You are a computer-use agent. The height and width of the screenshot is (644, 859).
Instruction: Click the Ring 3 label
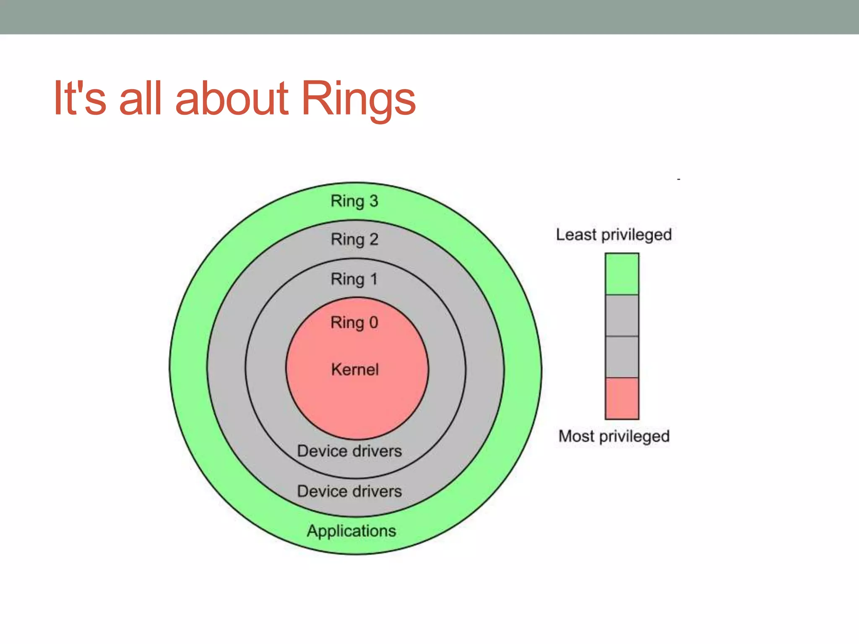354,201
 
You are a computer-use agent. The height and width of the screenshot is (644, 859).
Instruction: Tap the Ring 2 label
354,240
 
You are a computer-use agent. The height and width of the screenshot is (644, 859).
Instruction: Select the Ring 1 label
354,279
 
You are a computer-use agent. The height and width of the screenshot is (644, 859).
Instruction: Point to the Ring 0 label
354,323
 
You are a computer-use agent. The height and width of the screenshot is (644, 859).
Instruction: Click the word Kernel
355,369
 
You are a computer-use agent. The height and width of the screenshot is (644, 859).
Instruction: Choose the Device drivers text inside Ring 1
349,451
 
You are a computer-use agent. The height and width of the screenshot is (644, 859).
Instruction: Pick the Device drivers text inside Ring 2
349,491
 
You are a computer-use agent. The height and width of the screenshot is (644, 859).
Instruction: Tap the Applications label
351,531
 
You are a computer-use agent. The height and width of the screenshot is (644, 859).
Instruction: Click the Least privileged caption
614,235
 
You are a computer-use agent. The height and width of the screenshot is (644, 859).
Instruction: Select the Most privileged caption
614,436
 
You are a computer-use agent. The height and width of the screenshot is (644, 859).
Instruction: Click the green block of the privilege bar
622,274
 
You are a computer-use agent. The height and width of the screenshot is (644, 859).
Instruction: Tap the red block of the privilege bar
622,398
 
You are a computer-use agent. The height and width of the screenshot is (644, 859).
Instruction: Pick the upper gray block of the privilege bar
622,315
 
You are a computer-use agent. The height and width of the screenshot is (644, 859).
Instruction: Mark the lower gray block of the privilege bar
622,357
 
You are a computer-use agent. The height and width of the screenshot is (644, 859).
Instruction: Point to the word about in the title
232,99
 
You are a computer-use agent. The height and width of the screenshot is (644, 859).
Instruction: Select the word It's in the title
80,99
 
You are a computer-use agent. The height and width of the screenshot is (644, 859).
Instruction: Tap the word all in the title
140,99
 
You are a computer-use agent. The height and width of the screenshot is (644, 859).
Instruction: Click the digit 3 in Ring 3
373,201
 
